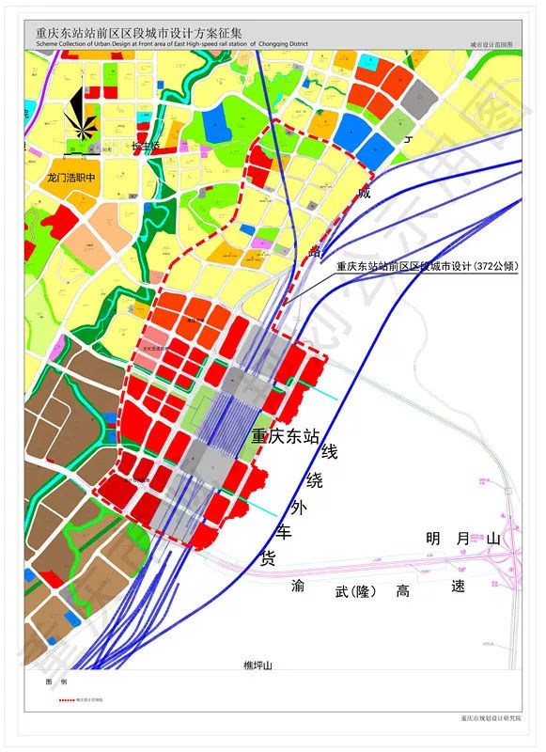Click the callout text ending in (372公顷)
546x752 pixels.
pyautogui.click(x=428, y=266)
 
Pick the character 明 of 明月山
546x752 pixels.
pyautogui.click(x=433, y=539)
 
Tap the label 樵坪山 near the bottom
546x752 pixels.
pyautogui.click(x=257, y=666)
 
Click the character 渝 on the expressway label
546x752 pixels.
pyautogui.click(x=299, y=585)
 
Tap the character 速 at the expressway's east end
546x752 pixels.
pyautogui.click(x=459, y=586)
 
